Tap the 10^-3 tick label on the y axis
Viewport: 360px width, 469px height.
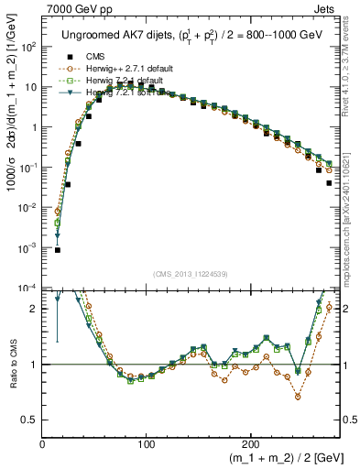pos(29,248)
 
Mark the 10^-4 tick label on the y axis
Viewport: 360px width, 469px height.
pos(29,288)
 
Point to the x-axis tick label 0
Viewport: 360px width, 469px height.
pos(43,444)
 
